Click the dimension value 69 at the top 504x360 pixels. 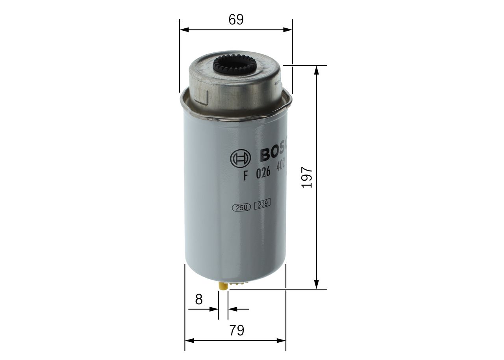[x=236, y=20]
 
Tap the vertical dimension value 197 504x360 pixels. [x=307, y=177]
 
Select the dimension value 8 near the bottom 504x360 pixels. [x=199, y=299]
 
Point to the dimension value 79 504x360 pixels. [x=236, y=330]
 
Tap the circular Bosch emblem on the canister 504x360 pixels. [x=240, y=159]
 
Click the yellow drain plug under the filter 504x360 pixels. [x=223, y=287]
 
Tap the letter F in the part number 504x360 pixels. [x=246, y=176]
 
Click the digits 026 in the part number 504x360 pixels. [x=263, y=174]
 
